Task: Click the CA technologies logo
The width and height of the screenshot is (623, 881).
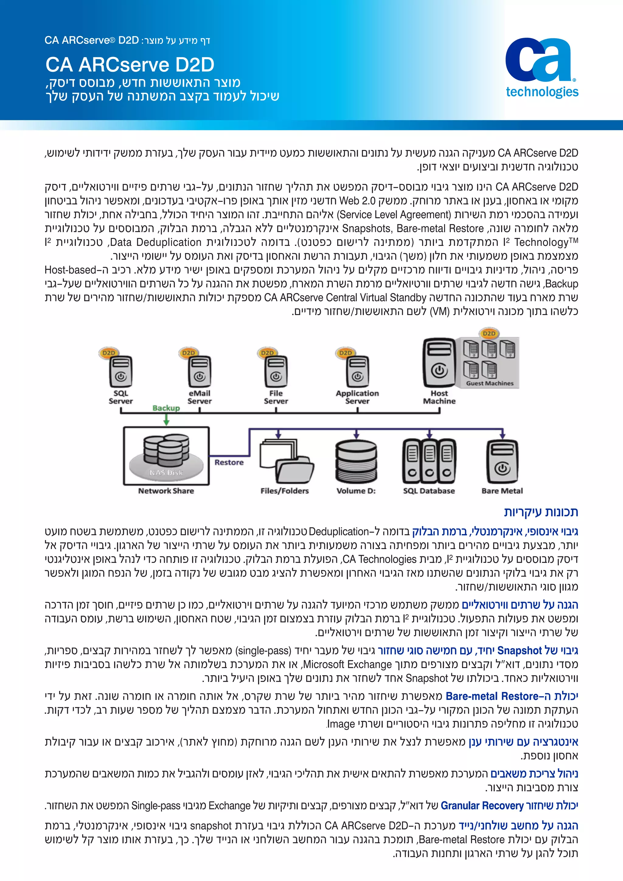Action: [x=541, y=68]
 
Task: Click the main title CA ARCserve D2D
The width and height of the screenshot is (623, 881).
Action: [x=130, y=65]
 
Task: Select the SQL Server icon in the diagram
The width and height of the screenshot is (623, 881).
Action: [x=120, y=372]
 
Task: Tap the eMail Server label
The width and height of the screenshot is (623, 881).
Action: [x=200, y=397]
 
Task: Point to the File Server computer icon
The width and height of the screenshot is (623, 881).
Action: [x=276, y=372]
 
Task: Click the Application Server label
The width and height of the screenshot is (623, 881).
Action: [x=357, y=397]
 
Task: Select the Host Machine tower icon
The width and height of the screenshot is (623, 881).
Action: [x=439, y=363]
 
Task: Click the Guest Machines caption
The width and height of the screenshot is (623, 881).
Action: [x=489, y=383]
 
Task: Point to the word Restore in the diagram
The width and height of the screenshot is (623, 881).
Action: [x=229, y=462]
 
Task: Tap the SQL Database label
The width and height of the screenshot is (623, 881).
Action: [x=429, y=491]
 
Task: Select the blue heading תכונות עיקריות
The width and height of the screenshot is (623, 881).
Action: [x=541, y=512]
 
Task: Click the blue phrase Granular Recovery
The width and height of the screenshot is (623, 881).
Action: [x=482, y=806]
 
